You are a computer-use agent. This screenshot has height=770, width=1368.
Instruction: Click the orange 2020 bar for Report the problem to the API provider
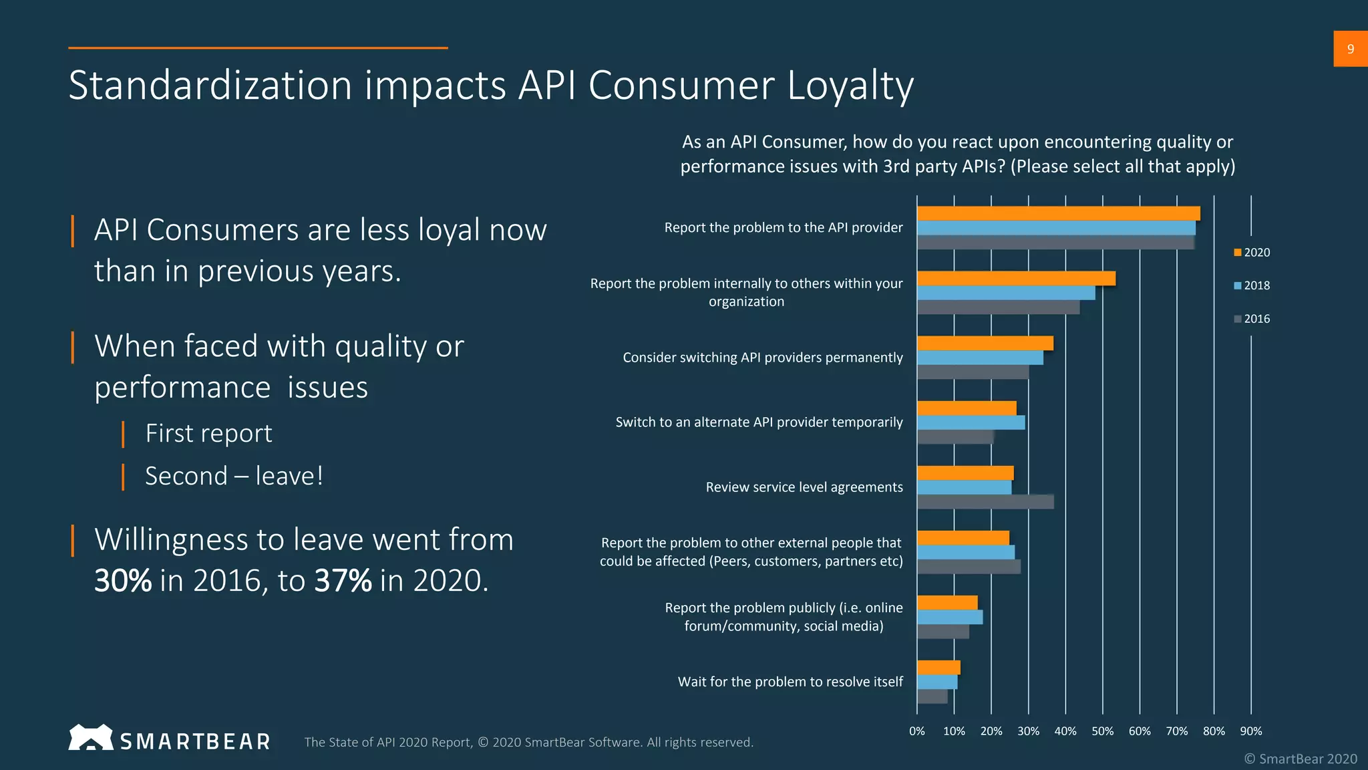pos(1058,213)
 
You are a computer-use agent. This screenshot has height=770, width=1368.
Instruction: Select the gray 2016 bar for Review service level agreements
pos(985,502)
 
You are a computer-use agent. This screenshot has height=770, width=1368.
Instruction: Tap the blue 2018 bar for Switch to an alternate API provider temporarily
pos(971,422)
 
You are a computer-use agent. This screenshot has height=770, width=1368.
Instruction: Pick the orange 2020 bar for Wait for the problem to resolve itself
pos(938,667)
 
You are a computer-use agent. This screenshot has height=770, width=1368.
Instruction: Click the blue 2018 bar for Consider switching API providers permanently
pos(980,358)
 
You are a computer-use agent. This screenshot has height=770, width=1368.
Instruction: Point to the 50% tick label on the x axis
pos(1102,731)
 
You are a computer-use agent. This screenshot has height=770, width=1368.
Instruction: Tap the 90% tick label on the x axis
pos(1250,731)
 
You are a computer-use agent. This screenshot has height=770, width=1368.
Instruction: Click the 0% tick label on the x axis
pos(917,731)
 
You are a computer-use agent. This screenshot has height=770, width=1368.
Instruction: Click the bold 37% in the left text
pos(343,580)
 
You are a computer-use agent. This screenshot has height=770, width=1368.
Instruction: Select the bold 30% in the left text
pos(123,580)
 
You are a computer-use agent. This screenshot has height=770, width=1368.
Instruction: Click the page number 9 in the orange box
pos(1350,49)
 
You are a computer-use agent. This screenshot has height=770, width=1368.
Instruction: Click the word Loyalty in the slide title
pos(850,86)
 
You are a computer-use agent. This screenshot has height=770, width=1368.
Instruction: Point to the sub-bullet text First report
pos(208,434)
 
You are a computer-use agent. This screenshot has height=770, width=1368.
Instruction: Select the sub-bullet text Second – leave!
pos(234,477)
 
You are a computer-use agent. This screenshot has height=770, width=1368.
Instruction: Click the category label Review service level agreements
pos(804,487)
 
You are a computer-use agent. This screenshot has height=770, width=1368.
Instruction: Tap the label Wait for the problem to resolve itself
pos(790,682)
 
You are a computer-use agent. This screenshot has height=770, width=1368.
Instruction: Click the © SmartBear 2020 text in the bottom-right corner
pos(1300,759)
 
